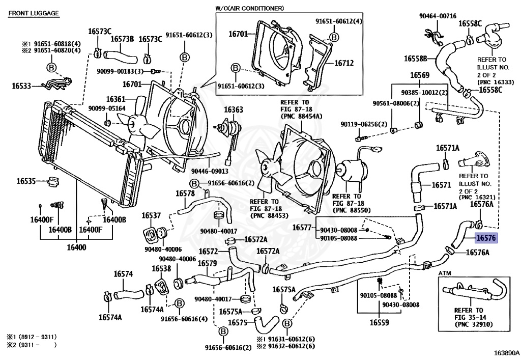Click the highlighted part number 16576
485,237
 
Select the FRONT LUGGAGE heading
33,13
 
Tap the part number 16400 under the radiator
75,247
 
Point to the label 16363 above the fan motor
234,109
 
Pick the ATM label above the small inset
444,274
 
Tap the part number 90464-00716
438,16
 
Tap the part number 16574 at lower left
123,274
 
